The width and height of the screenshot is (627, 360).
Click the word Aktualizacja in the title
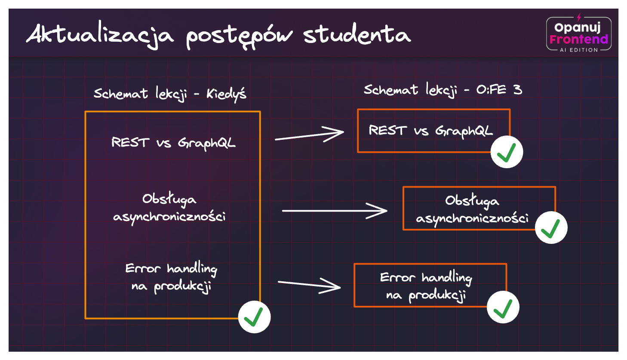100,35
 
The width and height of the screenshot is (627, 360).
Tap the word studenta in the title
357,34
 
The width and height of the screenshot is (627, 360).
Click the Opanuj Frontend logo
578,33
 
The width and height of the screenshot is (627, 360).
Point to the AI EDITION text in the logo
578,50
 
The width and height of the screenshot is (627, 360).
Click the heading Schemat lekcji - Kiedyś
170,93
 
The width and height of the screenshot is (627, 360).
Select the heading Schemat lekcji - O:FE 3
443,90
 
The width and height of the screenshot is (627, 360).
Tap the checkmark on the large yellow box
254,317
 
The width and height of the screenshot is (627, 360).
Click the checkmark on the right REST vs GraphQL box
507,152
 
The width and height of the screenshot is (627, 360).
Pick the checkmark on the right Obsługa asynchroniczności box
551,228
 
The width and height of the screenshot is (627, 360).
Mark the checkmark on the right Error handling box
503,307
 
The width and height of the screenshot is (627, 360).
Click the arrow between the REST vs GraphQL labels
309,135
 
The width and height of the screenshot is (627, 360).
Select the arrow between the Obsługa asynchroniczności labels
335,211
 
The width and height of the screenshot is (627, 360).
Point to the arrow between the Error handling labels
309,285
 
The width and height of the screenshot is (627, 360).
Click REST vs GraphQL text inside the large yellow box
173,143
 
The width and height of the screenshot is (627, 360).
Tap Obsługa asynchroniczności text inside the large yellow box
169,208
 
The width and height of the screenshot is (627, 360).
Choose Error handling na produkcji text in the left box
171,278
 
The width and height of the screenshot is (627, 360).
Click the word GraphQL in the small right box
464,131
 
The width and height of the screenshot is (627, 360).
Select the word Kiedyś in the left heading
227,94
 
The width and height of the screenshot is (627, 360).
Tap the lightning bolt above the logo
579,17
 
